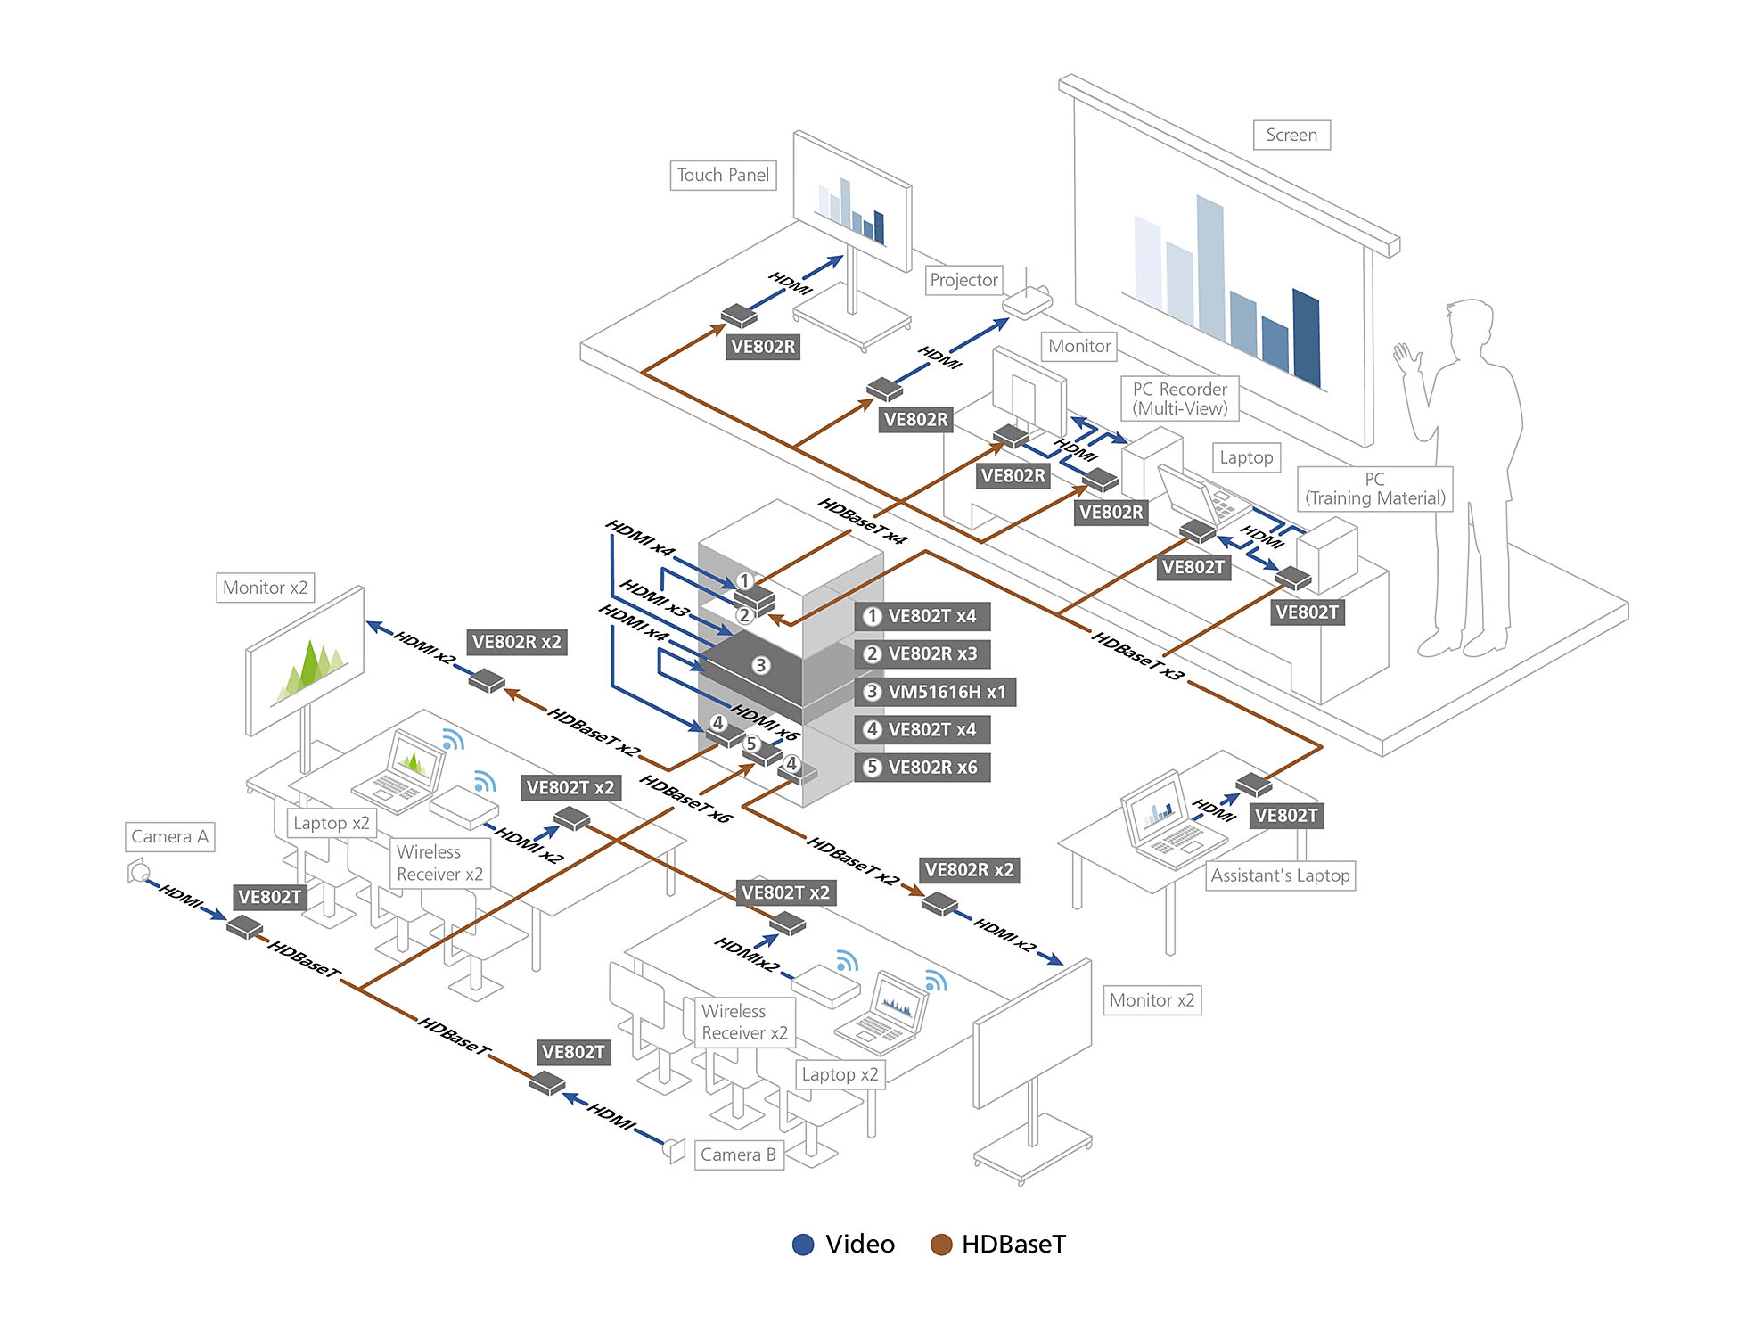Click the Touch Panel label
723,176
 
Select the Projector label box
963,280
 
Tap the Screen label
1291,136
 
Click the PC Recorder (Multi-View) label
1179,399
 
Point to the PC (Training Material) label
1374,489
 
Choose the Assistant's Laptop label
1280,875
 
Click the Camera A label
169,836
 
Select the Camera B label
738,1155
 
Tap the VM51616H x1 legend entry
935,692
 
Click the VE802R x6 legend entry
922,767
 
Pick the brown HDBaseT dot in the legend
941,1245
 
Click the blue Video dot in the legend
803,1245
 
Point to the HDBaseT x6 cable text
685,799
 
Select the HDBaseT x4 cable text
862,521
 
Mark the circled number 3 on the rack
760,665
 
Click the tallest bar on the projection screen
1210,267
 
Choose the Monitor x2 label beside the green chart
265,588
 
